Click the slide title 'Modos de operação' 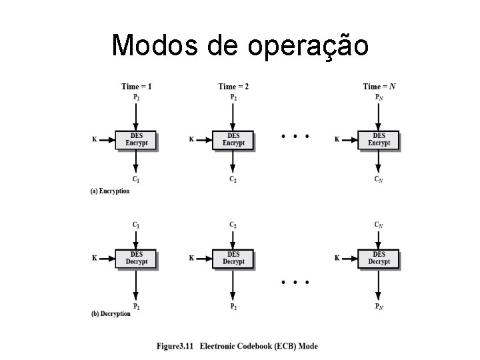[240, 45]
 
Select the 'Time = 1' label [136, 86]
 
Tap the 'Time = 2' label [233, 86]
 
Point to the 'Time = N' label [379, 86]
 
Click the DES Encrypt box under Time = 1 [136, 140]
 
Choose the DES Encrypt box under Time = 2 [233, 140]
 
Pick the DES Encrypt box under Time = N [379, 140]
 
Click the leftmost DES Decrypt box [136, 258]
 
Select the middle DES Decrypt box [233, 258]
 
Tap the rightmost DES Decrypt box [379, 258]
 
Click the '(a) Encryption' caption [110, 191]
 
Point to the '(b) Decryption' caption [110, 313]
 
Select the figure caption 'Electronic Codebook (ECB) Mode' [259, 346]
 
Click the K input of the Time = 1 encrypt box [94, 140]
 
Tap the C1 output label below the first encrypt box [136, 179]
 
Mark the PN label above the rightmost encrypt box [379, 97]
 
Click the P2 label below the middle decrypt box [233, 306]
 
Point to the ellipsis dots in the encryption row [295, 136]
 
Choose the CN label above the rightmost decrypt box [379, 225]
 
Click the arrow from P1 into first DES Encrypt [136, 115]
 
